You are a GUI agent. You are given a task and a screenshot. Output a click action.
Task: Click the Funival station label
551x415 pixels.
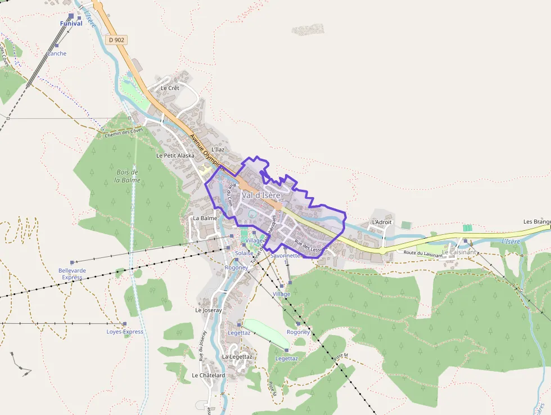point(71,24)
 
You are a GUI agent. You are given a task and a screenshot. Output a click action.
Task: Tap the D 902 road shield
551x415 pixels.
point(116,40)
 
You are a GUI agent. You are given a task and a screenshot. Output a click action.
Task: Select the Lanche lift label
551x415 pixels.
point(57,53)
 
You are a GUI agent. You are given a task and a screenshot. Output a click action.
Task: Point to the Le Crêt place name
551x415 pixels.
point(169,88)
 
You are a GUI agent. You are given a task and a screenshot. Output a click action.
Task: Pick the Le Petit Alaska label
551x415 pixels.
point(175,155)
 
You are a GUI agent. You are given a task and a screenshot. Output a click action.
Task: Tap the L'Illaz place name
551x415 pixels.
point(218,149)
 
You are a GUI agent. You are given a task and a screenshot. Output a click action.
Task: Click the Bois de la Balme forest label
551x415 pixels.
point(128,176)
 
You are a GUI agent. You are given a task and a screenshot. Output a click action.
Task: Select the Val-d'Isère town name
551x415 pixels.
point(261,195)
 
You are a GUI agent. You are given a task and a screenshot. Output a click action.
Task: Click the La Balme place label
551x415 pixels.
point(205,218)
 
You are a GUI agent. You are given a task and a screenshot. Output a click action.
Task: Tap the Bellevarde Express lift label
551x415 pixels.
point(73,274)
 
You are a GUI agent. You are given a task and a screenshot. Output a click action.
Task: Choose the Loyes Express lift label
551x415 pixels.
point(125,332)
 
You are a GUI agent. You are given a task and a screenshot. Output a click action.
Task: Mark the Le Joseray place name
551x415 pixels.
point(209,310)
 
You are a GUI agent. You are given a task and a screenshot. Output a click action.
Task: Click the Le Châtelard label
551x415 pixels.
point(209,375)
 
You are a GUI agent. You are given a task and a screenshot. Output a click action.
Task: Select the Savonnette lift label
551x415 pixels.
point(286,255)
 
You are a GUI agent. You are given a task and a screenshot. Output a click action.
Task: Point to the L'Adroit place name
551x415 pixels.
point(382,222)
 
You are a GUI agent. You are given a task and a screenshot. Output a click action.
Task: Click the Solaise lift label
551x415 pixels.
point(244,253)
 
